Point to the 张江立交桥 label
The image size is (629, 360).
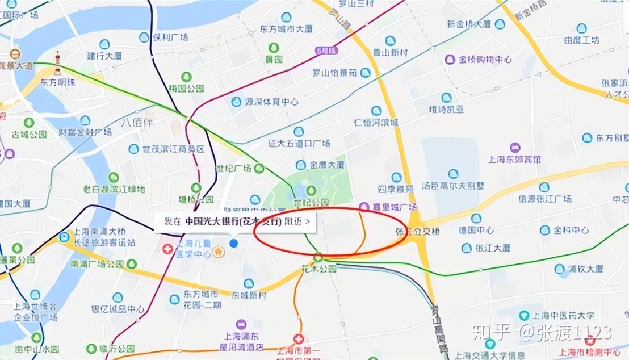[418, 231]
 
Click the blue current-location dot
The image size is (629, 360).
[233, 243]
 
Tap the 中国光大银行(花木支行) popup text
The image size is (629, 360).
[233, 221]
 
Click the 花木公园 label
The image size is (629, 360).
[320, 268]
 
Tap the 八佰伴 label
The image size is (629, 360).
[137, 122]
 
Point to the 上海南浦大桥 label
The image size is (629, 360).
[96, 232]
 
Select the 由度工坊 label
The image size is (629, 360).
[581, 40]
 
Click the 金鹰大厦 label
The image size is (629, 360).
[327, 165]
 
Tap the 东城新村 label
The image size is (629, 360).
[249, 295]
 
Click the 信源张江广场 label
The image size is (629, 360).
[544, 199]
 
